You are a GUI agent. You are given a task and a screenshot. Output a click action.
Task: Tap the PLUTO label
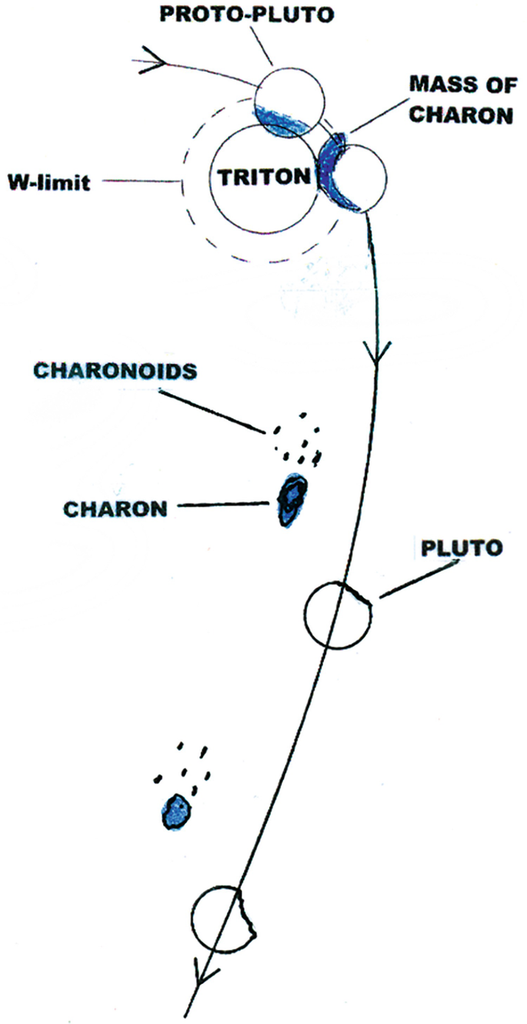[x=462, y=548]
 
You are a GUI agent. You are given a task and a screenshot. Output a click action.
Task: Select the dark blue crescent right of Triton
[x=336, y=174]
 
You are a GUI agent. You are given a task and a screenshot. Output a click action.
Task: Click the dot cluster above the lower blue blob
[x=182, y=764]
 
